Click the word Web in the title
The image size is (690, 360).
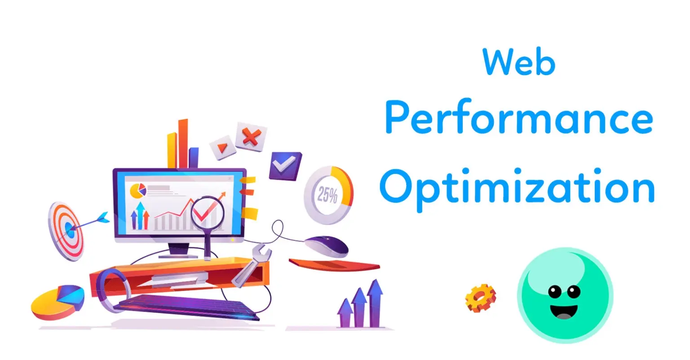coord(519,61)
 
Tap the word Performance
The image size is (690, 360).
coord(519,117)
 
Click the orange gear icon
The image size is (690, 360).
coord(481,298)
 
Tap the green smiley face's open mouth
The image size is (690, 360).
coord(564,311)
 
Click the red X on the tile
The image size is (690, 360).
coord(252,137)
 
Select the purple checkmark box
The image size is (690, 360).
coord(285,165)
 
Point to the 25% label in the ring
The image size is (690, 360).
coord(327,195)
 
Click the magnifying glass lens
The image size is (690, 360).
coord(208,213)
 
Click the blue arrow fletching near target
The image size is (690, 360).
coord(102,218)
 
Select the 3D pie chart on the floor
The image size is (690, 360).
coord(57,302)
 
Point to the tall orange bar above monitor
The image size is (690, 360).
coord(183,143)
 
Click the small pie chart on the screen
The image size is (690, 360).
coord(138,191)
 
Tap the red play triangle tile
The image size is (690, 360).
coord(222,147)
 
